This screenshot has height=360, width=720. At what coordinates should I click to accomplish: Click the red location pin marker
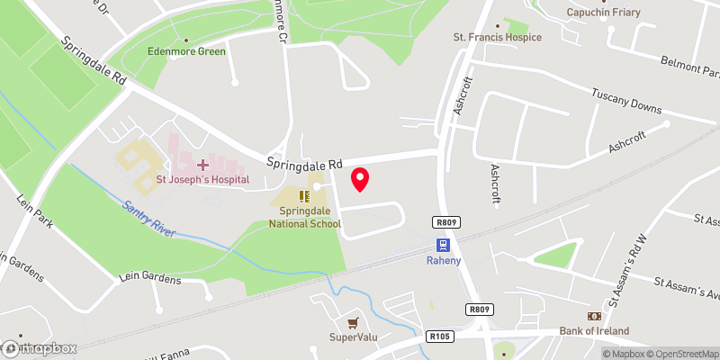pos(360,179)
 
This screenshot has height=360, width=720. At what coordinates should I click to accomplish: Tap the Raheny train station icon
pos(443,244)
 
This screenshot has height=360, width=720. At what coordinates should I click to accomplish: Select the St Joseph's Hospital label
pos(202,180)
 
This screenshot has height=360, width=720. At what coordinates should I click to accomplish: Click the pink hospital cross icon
pos(202,165)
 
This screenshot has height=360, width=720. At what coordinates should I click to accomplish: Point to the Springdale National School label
pos(305,216)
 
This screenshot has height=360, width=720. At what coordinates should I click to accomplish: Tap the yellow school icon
pos(305,195)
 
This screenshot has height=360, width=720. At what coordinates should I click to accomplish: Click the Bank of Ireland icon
pos(594,317)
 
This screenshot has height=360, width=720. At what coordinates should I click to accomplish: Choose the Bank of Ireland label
pos(594,331)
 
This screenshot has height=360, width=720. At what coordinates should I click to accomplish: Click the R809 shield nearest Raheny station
pos(443,220)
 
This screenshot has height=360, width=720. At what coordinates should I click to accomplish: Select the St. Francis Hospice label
pos(498,37)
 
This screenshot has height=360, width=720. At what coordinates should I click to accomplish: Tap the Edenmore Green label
pos(186,51)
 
